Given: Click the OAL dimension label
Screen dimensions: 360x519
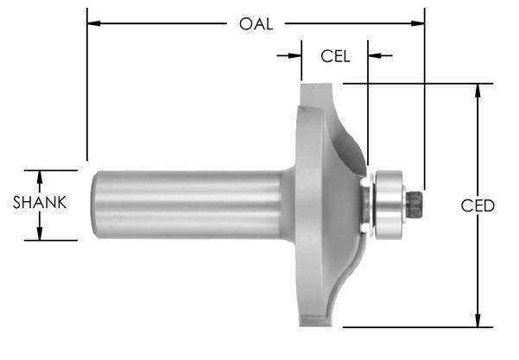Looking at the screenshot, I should tap(256, 24).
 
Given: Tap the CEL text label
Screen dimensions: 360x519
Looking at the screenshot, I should tap(335, 56).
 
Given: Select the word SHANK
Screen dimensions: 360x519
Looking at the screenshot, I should tap(40, 205).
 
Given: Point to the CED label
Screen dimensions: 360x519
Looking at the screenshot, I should tap(478, 205).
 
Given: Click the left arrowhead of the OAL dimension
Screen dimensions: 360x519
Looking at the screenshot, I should tap(92, 24).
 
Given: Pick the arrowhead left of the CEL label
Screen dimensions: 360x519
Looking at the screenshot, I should tap(296, 56).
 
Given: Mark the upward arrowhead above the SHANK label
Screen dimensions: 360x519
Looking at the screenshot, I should tap(40, 175).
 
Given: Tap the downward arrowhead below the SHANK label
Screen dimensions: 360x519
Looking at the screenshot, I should tap(40, 235).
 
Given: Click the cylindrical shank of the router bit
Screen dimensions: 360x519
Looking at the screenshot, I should tap(190, 204).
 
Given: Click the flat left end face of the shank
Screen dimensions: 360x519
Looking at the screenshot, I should tap(96, 204).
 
